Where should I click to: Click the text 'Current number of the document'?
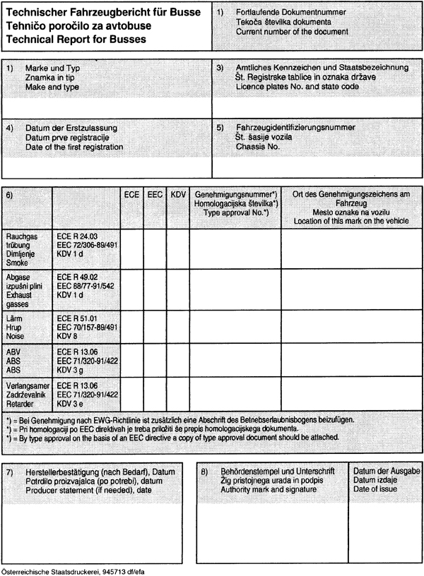tap(293, 32)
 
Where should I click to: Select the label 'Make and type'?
tap(52, 86)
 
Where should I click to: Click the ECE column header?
tap(131, 193)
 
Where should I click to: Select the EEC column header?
tap(155, 193)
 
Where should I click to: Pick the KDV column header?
tap(177, 193)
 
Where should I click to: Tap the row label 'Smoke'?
tap(17, 262)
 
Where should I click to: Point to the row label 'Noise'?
tap(17, 337)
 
